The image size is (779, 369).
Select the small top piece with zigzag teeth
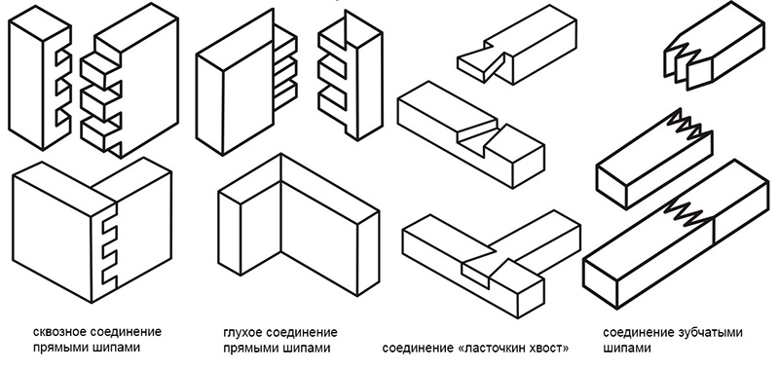714,46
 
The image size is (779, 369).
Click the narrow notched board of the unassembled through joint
40,78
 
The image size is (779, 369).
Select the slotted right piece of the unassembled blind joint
350,76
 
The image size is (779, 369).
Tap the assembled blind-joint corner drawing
298,225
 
